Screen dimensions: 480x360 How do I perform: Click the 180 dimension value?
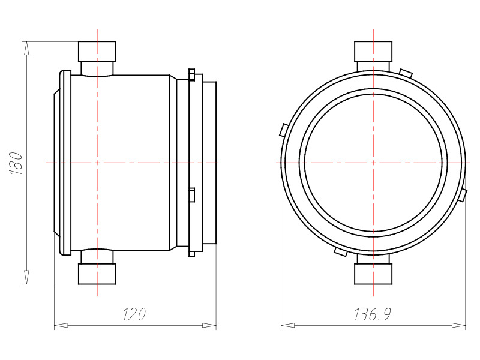coord(16,163)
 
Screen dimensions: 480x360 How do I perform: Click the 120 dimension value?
coord(134,314)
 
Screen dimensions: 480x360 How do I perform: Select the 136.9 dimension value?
coord(373,314)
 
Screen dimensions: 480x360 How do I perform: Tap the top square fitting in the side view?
coord(97,52)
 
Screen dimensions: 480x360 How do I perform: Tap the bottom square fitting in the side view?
coord(97,274)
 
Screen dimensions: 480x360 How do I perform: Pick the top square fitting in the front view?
coord(373,52)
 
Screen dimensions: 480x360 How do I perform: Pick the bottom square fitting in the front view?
coord(373,274)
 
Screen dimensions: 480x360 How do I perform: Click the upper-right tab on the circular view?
coord(406,73)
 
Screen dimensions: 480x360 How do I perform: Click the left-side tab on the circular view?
coord(284,130)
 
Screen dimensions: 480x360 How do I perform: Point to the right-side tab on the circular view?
coord(463,196)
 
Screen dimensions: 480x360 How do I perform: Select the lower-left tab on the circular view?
coord(340,251)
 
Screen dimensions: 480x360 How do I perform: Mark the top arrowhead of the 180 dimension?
coord(27,49)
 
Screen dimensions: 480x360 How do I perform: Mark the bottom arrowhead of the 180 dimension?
coord(27,277)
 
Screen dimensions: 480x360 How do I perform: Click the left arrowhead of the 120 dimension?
coord(61,325)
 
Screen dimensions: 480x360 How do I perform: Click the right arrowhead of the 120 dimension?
coord(209,325)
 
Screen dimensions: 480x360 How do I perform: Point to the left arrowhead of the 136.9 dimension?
coord(288,325)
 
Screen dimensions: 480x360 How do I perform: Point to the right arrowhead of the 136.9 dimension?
coord(458,325)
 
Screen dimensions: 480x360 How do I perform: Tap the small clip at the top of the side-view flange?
coord(191,74)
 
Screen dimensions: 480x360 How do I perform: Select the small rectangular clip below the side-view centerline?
coord(192,194)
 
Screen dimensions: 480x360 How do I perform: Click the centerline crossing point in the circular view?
coord(373,163)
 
